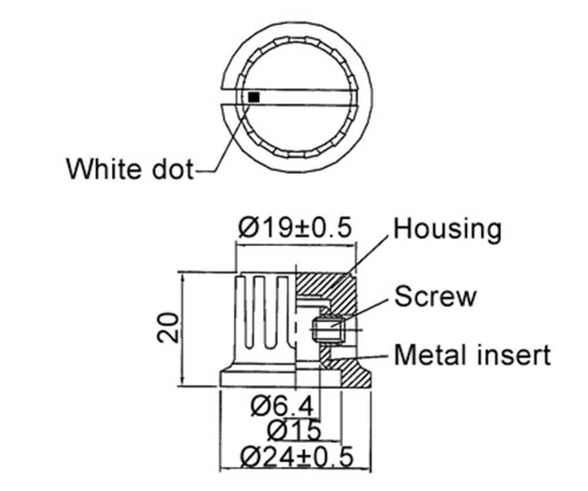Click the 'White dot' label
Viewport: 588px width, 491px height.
click(x=129, y=169)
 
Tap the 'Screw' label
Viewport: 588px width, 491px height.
click(x=435, y=296)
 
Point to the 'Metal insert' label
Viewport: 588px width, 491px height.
click(x=472, y=355)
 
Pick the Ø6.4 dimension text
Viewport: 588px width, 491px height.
click(x=281, y=406)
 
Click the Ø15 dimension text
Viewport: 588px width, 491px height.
click(x=294, y=430)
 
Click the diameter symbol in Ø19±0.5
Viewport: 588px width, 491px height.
click(x=249, y=228)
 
